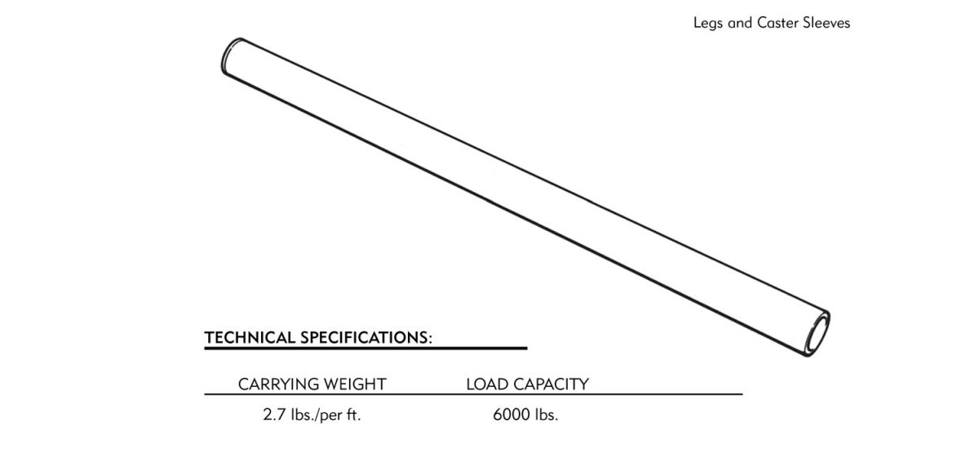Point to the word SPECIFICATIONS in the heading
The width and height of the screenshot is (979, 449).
(364, 337)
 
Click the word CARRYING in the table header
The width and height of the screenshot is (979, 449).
(272, 385)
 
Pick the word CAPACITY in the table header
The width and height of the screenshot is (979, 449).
(552, 385)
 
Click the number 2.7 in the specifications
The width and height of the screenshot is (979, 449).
(274, 415)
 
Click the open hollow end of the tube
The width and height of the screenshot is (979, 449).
(817, 335)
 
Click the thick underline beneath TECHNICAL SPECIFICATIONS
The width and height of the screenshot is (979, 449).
(365, 349)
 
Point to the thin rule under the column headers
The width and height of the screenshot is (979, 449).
(473, 394)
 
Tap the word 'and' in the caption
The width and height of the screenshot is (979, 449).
(740, 23)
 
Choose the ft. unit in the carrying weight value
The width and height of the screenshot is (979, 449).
(354, 415)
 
